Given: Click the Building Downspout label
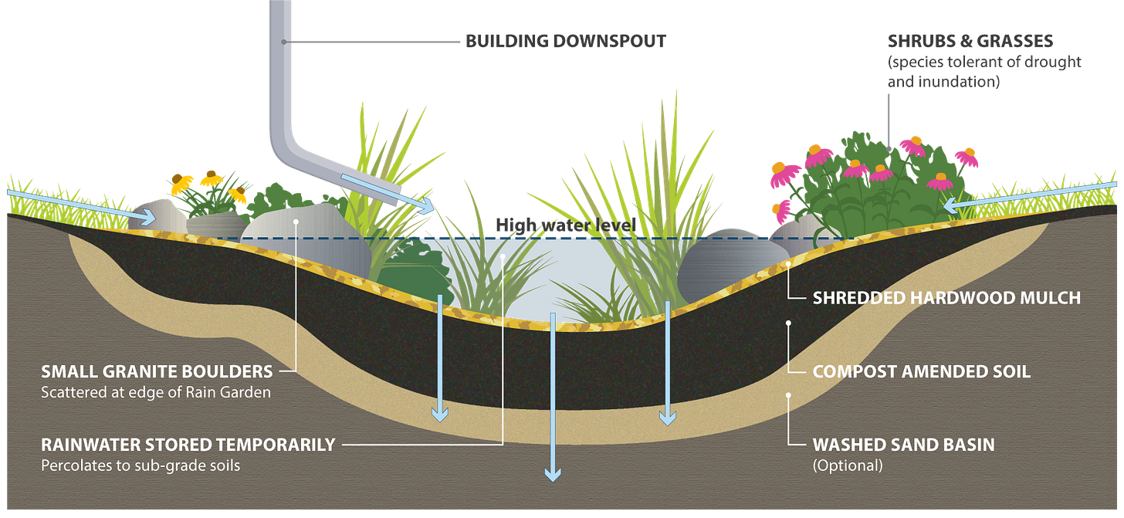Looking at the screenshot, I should (x=565, y=41).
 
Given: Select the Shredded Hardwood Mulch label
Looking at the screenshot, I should (x=946, y=297).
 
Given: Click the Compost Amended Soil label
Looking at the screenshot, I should (x=921, y=371).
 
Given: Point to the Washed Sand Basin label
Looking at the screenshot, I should (x=903, y=445).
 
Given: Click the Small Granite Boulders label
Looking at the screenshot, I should (x=157, y=371).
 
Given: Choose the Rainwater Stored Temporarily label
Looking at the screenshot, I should (x=188, y=445).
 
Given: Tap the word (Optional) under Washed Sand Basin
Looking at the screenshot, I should (x=847, y=466).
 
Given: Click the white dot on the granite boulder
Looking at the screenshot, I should (x=296, y=222).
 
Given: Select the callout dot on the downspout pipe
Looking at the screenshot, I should (x=285, y=41).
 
